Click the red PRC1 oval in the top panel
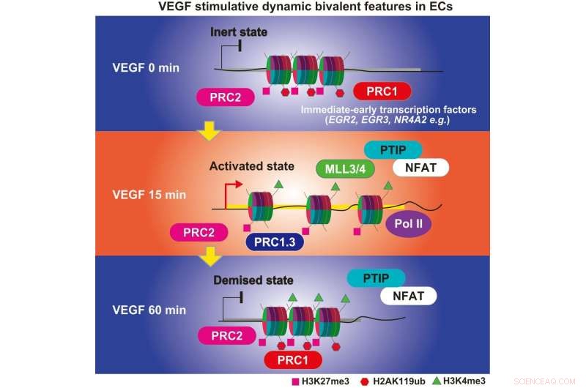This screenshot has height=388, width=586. click(381, 92)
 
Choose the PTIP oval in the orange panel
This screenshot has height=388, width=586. click(391, 149)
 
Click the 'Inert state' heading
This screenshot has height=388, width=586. click(240, 33)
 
